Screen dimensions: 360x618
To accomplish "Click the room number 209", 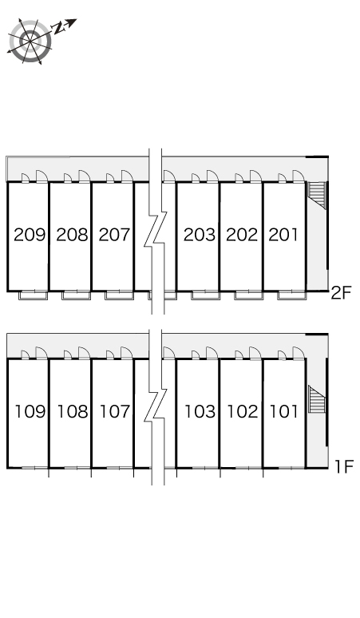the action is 30,235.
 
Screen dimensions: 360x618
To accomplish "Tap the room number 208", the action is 72,235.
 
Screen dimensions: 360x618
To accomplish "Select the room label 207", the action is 114,235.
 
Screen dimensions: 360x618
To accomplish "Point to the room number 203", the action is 200,235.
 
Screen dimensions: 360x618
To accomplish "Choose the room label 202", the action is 242,235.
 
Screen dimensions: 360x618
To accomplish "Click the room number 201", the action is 283,235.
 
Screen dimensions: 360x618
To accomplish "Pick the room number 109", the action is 30,411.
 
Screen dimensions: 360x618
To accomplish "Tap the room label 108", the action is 73,411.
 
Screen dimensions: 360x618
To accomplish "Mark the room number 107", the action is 115,411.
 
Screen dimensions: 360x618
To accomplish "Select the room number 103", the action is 200,411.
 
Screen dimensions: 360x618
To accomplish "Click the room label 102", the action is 243,411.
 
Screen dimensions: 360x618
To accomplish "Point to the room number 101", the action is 283,411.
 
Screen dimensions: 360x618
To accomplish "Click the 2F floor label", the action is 341,293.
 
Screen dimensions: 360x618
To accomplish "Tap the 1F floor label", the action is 344,466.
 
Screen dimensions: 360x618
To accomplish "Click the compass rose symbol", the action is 30,41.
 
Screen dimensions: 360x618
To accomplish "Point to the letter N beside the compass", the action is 60,28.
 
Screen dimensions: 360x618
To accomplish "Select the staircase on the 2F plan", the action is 317,195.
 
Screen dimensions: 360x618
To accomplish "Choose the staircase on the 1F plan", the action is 317,399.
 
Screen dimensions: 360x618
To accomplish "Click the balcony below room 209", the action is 34,295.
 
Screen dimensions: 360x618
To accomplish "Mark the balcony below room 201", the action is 292,295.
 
